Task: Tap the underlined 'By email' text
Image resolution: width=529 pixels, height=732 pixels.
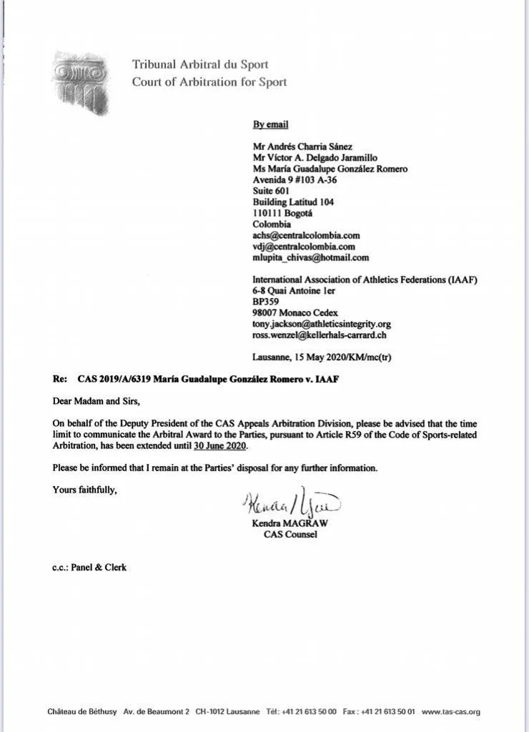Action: pos(270,124)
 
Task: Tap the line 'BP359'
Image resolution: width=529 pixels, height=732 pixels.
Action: pos(265,302)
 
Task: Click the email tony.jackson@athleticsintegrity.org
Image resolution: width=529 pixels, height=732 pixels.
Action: pos(322,324)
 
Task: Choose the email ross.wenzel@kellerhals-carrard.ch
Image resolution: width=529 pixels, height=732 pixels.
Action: pos(320,335)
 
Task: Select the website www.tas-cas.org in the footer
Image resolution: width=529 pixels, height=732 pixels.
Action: pos(450,711)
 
